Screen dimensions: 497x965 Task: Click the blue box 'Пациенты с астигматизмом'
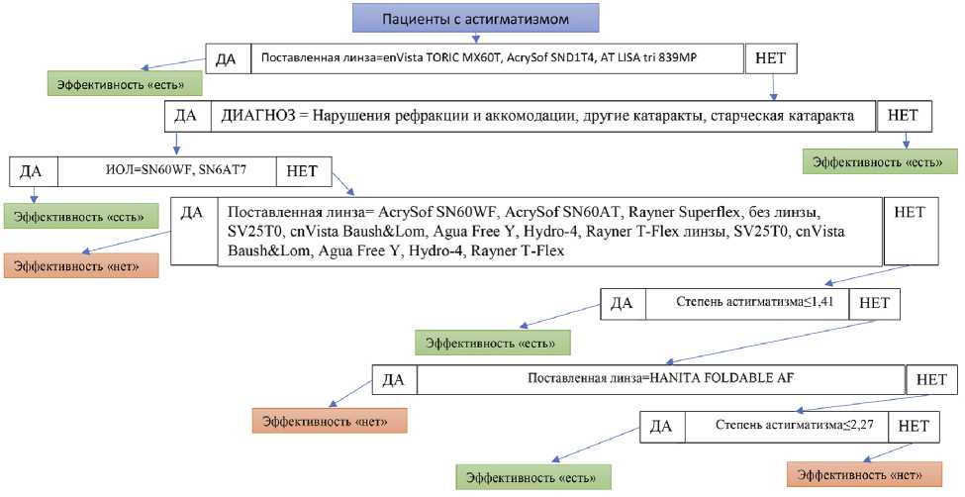[475, 18]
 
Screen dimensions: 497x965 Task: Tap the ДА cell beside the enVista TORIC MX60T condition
[228, 58]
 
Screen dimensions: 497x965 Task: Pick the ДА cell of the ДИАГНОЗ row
[185, 116]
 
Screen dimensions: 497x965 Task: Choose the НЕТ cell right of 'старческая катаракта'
[904, 115]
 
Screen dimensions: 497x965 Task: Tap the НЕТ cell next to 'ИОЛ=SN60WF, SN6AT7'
[304, 170]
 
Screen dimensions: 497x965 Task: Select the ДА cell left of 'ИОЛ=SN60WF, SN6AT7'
[32, 170]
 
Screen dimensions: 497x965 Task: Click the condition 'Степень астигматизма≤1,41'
[747, 305]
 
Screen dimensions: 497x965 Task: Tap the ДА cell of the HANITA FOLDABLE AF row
[394, 379]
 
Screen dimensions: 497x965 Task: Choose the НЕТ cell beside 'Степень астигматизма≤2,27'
[914, 427]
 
